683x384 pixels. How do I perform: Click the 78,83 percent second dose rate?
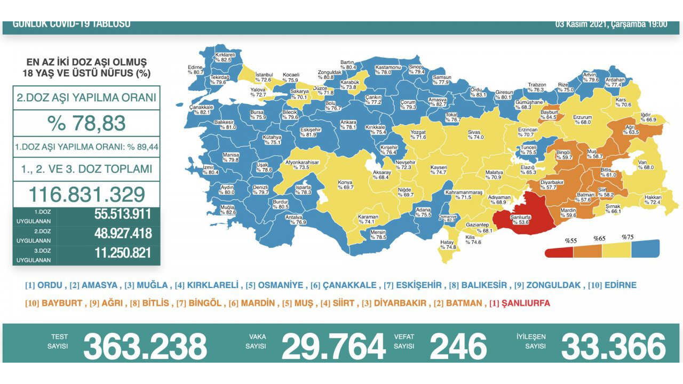click(86, 123)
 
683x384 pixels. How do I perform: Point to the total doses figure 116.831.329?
click(86, 193)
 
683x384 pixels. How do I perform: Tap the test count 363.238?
click(145, 346)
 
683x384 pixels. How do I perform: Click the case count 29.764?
click(333, 346)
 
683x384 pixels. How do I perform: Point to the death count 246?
click(458, 346)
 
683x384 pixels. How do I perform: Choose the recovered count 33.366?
click(613, 346)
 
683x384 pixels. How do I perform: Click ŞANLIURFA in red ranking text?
click(525, 303)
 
